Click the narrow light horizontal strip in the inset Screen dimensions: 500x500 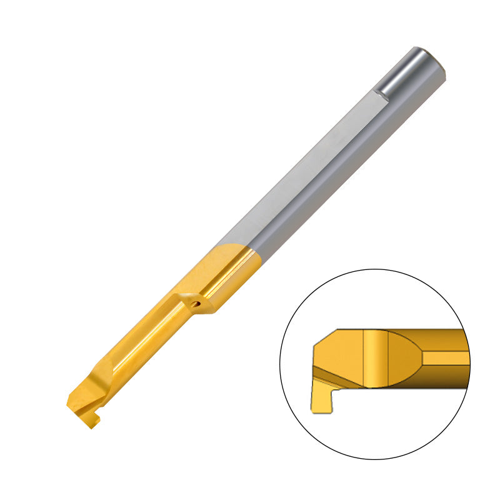pyautogui.click(x=445, y=357)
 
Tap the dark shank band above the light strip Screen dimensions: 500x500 pyautogui.click(x=445, y=340)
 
